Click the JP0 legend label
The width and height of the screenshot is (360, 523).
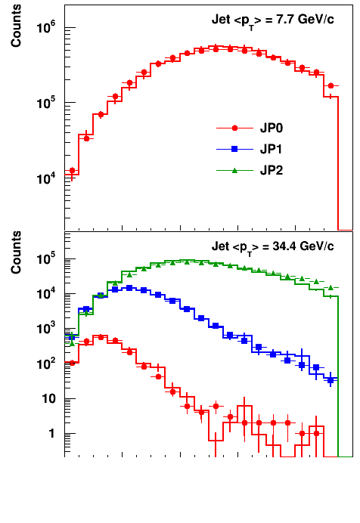(x=272, y=128)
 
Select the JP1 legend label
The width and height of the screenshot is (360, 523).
(x=271, y=149)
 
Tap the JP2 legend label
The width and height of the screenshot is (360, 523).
(x=272, y=171)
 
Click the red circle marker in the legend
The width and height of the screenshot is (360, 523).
(x=234, y=128)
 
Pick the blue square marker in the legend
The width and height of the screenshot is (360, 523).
(x=234, y=149)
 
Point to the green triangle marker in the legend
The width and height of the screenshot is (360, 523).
(x=234, y=171)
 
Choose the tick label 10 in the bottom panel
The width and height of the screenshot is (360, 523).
(x=49, y=398)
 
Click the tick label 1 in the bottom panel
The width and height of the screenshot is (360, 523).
(x=51, y=434)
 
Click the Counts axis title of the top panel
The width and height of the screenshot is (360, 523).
(x=16, y=26)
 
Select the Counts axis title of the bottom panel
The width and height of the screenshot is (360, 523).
(x=16, y=252)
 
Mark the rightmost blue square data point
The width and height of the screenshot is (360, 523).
(x=331, y=380)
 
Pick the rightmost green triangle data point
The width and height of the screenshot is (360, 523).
(x=331, y=287)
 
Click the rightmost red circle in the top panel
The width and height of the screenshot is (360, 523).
(x=331, y=85)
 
